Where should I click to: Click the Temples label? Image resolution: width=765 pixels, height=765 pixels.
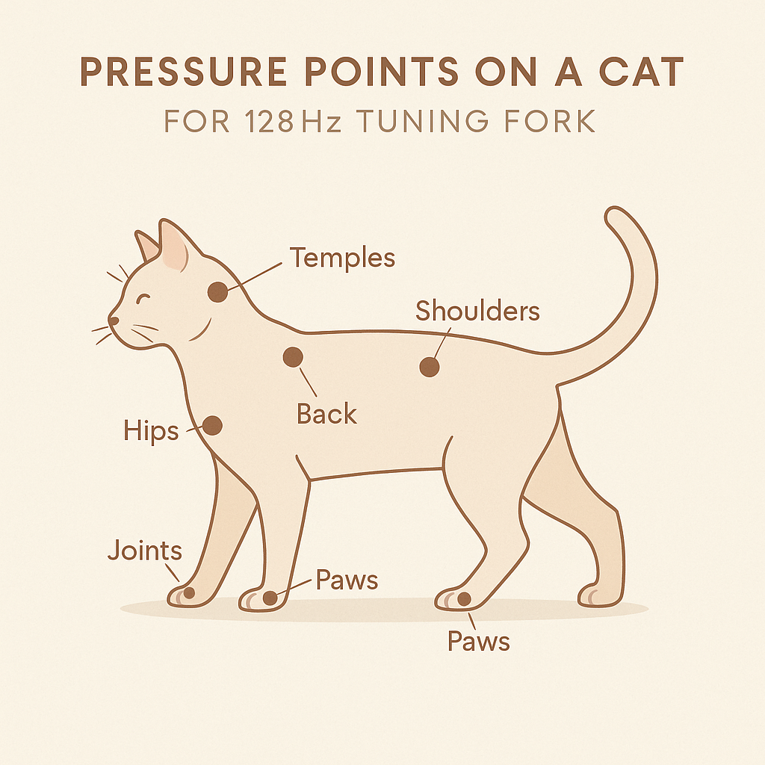point(342,258)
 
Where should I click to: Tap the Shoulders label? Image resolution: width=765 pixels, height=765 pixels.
point(477,310)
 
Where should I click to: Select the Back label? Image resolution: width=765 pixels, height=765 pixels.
point(327,414)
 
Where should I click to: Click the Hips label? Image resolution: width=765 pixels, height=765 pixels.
point(151,431)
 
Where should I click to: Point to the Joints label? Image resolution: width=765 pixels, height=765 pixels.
point(145,551)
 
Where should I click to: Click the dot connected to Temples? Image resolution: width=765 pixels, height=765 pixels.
point(217,292)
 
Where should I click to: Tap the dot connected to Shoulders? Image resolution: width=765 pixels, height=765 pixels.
point(430,367)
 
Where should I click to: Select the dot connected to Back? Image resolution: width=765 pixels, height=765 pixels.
point(293,357)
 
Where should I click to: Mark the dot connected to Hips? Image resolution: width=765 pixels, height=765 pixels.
point(212,425)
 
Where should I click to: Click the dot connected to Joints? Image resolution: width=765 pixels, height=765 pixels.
point(189,593)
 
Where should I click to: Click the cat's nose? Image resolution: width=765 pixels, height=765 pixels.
point(114,320)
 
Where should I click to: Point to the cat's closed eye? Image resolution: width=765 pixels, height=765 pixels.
point(143,297)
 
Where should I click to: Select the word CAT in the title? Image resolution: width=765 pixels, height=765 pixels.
point(641,72)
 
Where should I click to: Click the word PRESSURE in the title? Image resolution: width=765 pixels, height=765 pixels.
point(184,72)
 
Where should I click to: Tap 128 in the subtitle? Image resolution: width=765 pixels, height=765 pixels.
point(269,121)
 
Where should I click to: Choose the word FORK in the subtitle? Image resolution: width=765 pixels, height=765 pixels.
point(550,121)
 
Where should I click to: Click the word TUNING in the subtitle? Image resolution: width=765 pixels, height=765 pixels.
point(422,121)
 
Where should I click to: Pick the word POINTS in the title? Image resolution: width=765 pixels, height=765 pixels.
point(382,72)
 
